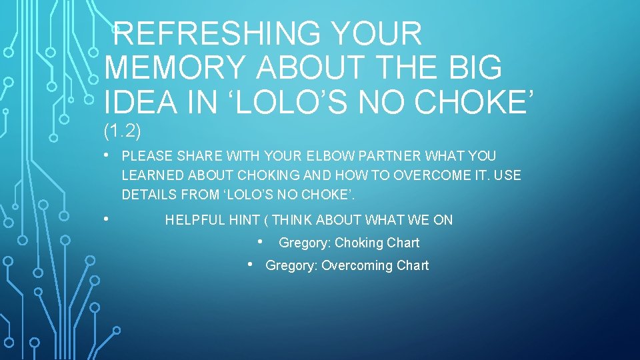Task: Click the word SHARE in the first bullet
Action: (199, 156)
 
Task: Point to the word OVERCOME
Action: (433, 175)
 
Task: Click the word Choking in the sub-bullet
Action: (359, 243)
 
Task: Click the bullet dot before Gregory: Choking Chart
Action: (264, 241)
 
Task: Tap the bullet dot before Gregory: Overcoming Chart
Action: (251, 265)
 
